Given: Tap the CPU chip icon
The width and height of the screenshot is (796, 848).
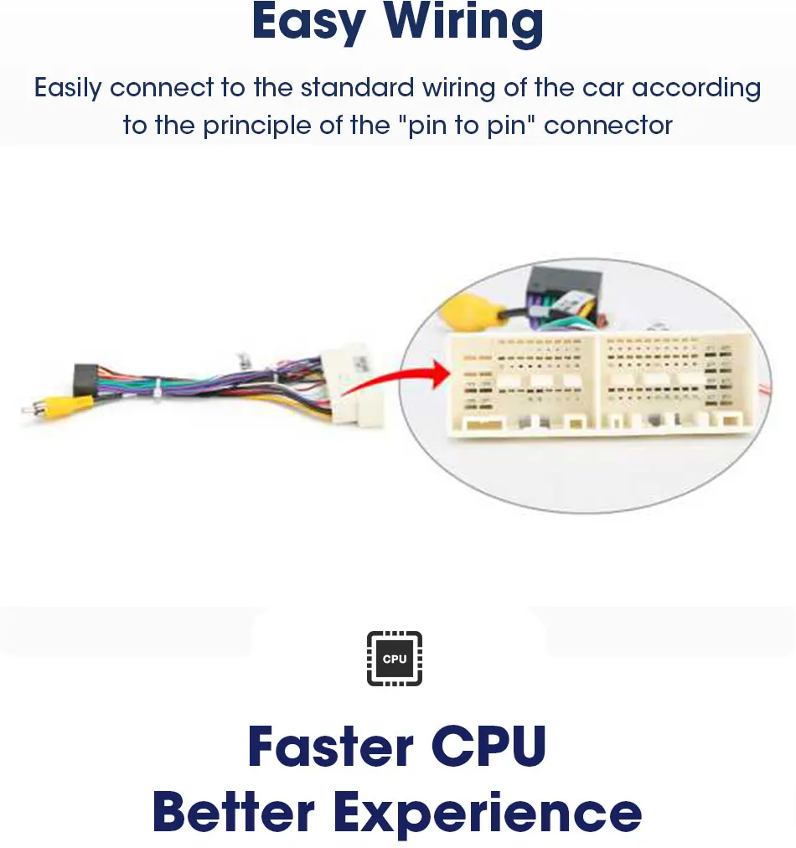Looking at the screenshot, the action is coord(395,659).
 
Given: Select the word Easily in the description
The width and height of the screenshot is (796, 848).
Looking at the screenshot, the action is coord(69,88).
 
